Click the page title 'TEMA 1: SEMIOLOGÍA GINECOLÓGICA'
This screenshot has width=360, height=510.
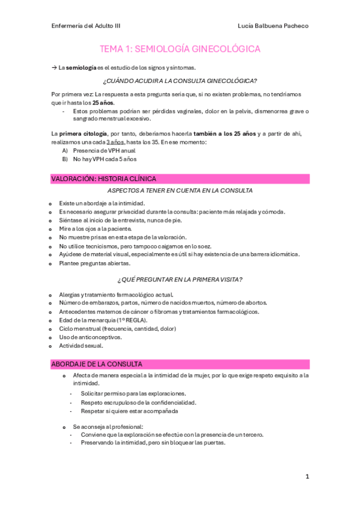coord(180,49)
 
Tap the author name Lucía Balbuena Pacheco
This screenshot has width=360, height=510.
coord(273,26)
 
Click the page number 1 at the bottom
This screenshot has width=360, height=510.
coord(307,476)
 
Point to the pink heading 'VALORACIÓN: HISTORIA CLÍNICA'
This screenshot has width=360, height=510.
coord(104,179)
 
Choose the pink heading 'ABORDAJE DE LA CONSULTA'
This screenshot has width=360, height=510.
coord(97,364)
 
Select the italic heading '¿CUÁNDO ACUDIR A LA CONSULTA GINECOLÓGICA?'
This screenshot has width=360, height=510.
coord(180,81)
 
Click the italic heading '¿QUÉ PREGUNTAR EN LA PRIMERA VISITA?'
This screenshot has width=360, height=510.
coord(180,280)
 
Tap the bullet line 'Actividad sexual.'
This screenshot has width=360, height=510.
coord(81,346)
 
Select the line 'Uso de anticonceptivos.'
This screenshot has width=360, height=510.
coord(90,337)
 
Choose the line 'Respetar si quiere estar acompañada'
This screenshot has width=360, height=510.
coord(124,411)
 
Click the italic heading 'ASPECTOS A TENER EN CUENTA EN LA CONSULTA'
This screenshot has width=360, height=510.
coord(180,191)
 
